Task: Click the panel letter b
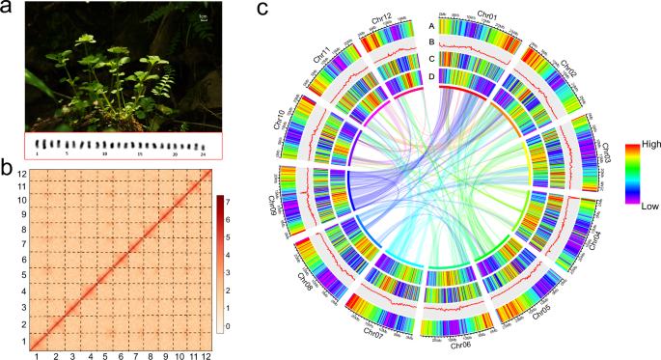pyautogui.click(x=7, y=165)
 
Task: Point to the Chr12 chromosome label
pyautogui.click(x=380, y=20)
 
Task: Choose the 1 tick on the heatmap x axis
pyautogui.click(x=37, y=355)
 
